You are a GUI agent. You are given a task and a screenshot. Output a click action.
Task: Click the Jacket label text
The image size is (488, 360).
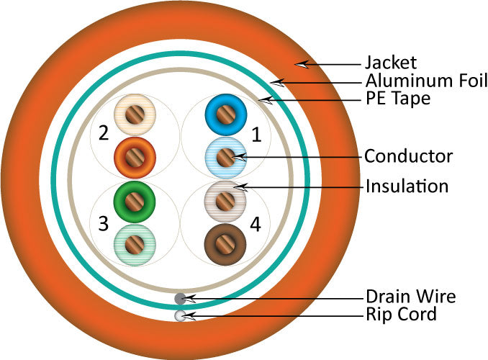click(x=391, y=63)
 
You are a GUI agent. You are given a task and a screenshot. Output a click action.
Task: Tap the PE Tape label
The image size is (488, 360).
click(x=398, y=98)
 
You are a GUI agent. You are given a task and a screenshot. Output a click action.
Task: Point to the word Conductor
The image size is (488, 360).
click(x=408, y=156)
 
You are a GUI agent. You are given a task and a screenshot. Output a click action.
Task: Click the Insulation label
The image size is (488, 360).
click(x=407, y=186)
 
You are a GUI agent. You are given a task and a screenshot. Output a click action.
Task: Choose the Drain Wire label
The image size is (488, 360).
click(x=410, y=297)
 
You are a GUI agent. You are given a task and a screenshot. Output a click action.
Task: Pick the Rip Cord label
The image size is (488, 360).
click(x=401, y=315)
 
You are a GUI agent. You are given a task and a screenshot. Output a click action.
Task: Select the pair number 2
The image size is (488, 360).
click(x=103, y=133)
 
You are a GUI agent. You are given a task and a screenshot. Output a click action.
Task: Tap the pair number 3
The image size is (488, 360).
click(x=103, y=223)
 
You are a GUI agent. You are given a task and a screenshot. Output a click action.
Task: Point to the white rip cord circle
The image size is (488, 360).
click(x=181, y=315)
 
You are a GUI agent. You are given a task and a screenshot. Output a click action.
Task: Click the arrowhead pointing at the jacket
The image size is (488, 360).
click(x=302, y=64)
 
